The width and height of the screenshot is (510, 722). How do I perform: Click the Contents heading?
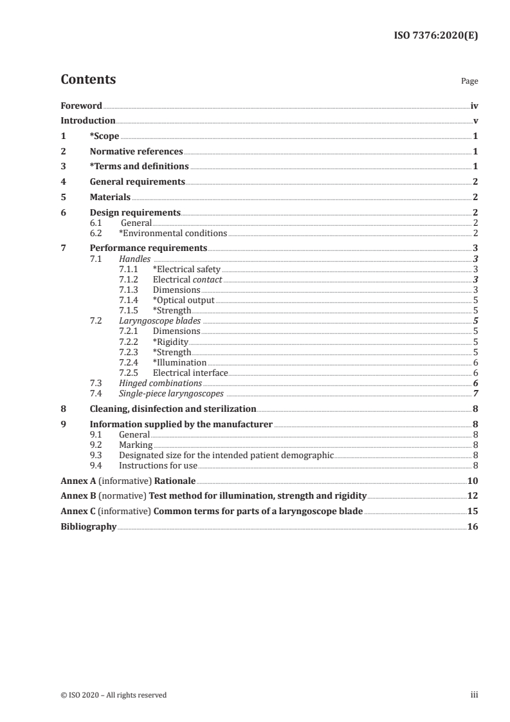tap(88, 80)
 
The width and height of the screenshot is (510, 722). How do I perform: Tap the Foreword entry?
tap(81, 106)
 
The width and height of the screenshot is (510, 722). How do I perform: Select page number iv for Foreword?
tap(474, 106)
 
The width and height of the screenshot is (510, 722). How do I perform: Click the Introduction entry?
tap(88, 121)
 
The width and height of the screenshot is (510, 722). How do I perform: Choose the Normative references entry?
tap(136, 152)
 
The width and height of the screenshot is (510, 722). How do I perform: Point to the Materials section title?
tap(110, 197)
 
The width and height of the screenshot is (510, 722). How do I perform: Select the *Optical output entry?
tap(183, 300)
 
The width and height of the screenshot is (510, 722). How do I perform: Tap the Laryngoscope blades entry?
tap(159, 320)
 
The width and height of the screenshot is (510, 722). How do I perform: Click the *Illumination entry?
tap(179, 362)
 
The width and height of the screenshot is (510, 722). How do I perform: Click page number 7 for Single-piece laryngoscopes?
tap(475, 393)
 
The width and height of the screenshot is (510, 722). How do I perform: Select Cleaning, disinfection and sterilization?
tap(173, 409)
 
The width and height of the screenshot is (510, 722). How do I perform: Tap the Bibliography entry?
tap(88, 526)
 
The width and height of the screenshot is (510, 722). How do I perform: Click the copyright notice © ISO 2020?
tap(113, 695)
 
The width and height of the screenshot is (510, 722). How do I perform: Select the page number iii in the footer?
tap(475, 695)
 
